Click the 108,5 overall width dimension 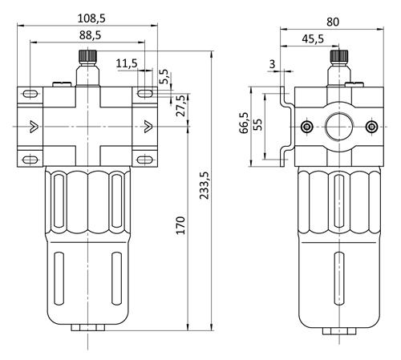(91, 18)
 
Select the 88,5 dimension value (91, 35)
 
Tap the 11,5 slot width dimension (127, 63)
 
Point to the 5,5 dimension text (164, 77)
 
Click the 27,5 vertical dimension (181, 106)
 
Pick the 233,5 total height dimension (205, 185)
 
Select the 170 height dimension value (181, 225)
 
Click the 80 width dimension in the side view (333, 22)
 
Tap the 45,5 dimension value (313, 39)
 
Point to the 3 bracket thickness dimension (272, 64)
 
